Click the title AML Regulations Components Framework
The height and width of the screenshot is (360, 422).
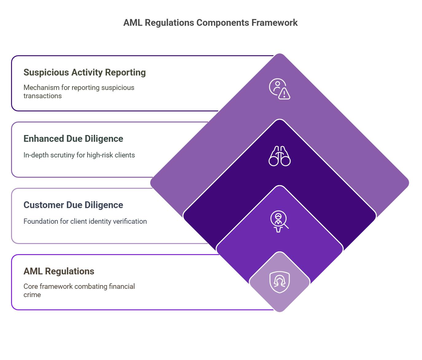[210, 23]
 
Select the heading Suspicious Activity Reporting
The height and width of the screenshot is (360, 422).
[84, 72]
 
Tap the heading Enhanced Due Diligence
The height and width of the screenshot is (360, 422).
[73, 139]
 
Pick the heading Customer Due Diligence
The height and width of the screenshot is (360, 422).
[73, 205]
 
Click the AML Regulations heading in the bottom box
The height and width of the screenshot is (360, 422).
[59, 271]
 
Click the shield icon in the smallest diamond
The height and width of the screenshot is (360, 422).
[279, 282]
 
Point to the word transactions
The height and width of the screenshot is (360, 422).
[42, 96]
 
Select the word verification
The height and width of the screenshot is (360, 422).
[130, 221]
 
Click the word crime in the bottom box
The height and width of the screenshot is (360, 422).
[32, 295]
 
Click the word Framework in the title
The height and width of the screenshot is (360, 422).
[275, 23]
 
